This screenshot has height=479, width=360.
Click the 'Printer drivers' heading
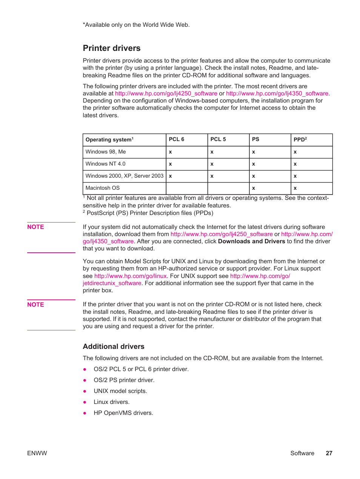[112, 48]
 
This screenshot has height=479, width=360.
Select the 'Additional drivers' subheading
[114, 346]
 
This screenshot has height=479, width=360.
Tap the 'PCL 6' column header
[177, 139]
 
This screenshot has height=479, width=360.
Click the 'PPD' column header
[300, 139]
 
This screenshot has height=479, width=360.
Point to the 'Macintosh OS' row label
[103, 188]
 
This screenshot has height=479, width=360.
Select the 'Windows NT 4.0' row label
[106, 164]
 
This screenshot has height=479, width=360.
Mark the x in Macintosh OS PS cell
[254, 188]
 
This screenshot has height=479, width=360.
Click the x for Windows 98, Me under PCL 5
[212, 152]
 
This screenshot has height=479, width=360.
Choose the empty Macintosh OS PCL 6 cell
[187, 188]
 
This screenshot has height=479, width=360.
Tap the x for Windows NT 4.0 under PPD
[295, 164]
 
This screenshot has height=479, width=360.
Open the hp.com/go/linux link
[130, 276]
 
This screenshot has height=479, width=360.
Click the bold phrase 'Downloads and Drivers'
[251, 241]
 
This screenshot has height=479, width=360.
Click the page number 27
[329, 453]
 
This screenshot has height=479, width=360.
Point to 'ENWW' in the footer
[37, 453]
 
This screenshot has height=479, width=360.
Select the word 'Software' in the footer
[302, 453]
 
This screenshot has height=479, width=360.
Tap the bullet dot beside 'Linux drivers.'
[85, 402]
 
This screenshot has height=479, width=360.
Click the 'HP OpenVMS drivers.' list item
[123, 413]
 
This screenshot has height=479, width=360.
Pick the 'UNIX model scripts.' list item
[120, 391]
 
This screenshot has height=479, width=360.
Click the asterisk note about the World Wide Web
[136, 25]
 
